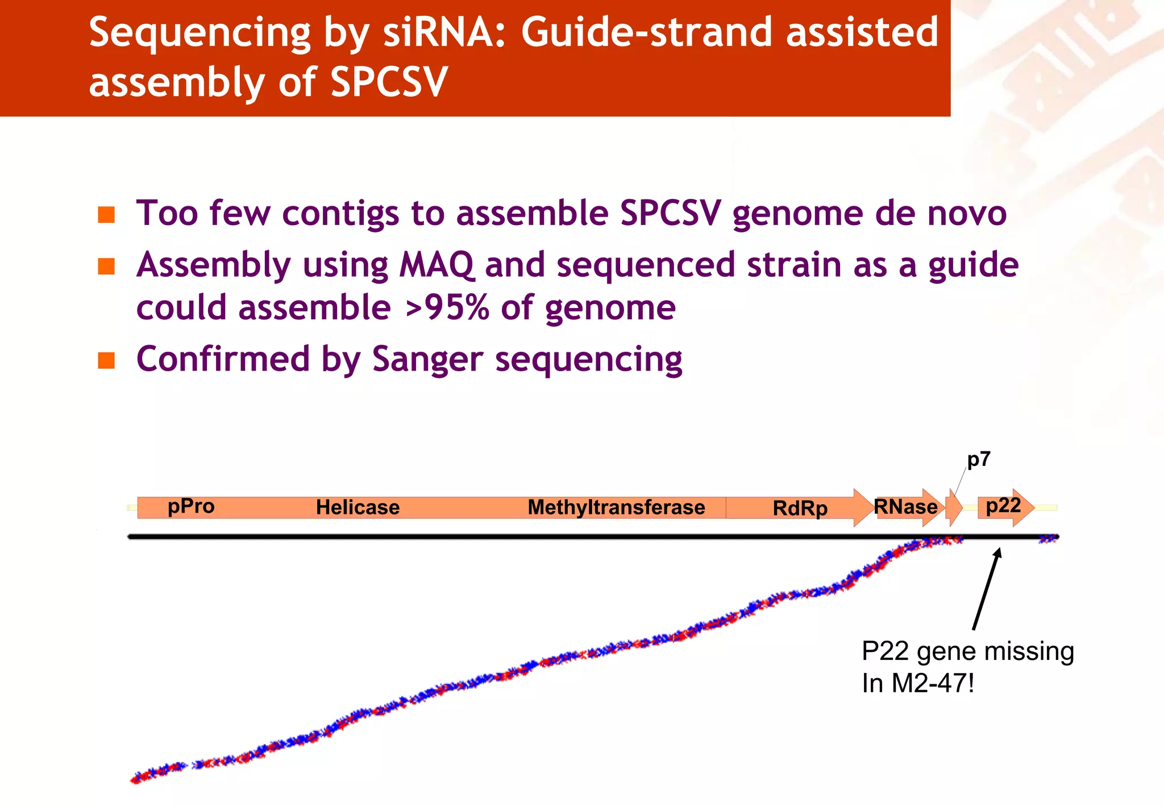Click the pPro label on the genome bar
tap(191, 506)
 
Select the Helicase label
tap(357, 507)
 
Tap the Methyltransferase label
tap(616, 507)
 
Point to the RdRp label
tap(800, 508)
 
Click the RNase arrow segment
tap(906, 506)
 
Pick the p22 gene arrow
tap(1004, 506)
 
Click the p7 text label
tap(979, 459)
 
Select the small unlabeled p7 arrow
tap(953, 507)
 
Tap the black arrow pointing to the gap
tap(987, 588)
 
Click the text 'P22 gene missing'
tap(967, 651)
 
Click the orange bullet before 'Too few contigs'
tap(106, 215)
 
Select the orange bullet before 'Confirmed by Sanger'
tap(106, 360)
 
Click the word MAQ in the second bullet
tap(436, 265)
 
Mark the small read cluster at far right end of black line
tap(1049, 538)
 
